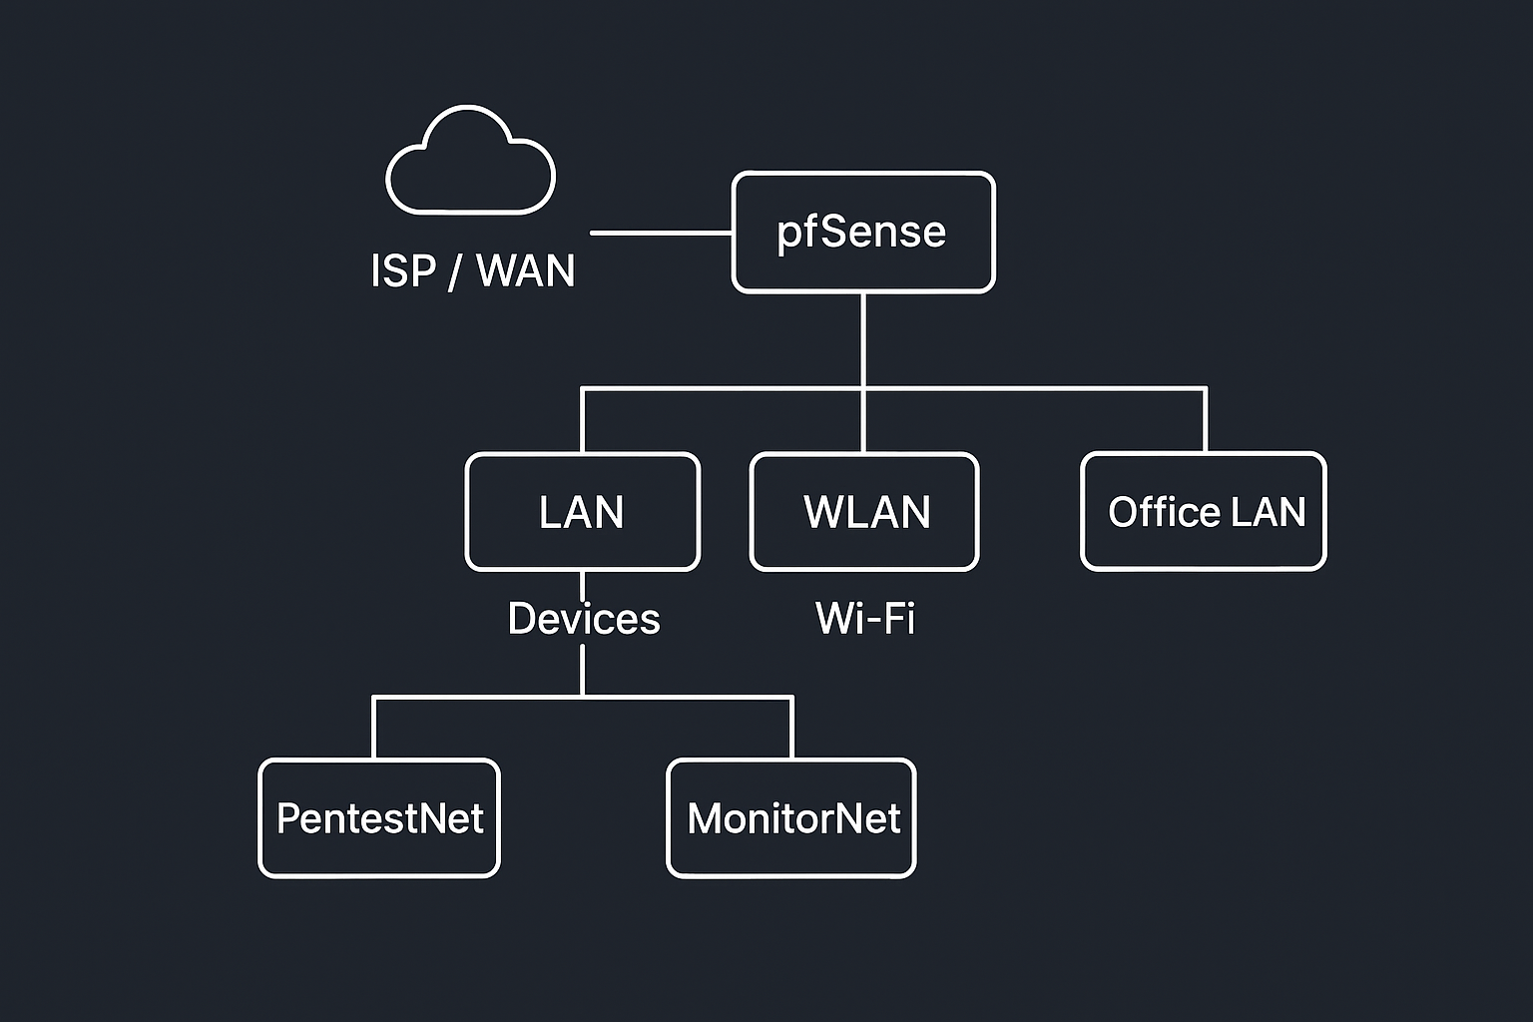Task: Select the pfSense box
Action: point(863,233)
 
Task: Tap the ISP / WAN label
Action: point(472,270)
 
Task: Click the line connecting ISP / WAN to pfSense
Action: point(661,233)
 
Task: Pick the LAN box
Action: point(583,512)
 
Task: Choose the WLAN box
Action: point(864,512)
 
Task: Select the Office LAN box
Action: point(1204,512)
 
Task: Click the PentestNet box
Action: point(379,818)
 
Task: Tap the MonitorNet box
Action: point(791,818)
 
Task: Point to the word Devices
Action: point(584,619)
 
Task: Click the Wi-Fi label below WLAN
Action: point(864,619)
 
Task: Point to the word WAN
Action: point(526,270)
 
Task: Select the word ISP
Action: point(403,270)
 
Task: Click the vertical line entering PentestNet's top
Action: point(373,729)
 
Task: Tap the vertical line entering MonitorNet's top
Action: point(792,729)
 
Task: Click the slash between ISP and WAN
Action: point(455,271)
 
